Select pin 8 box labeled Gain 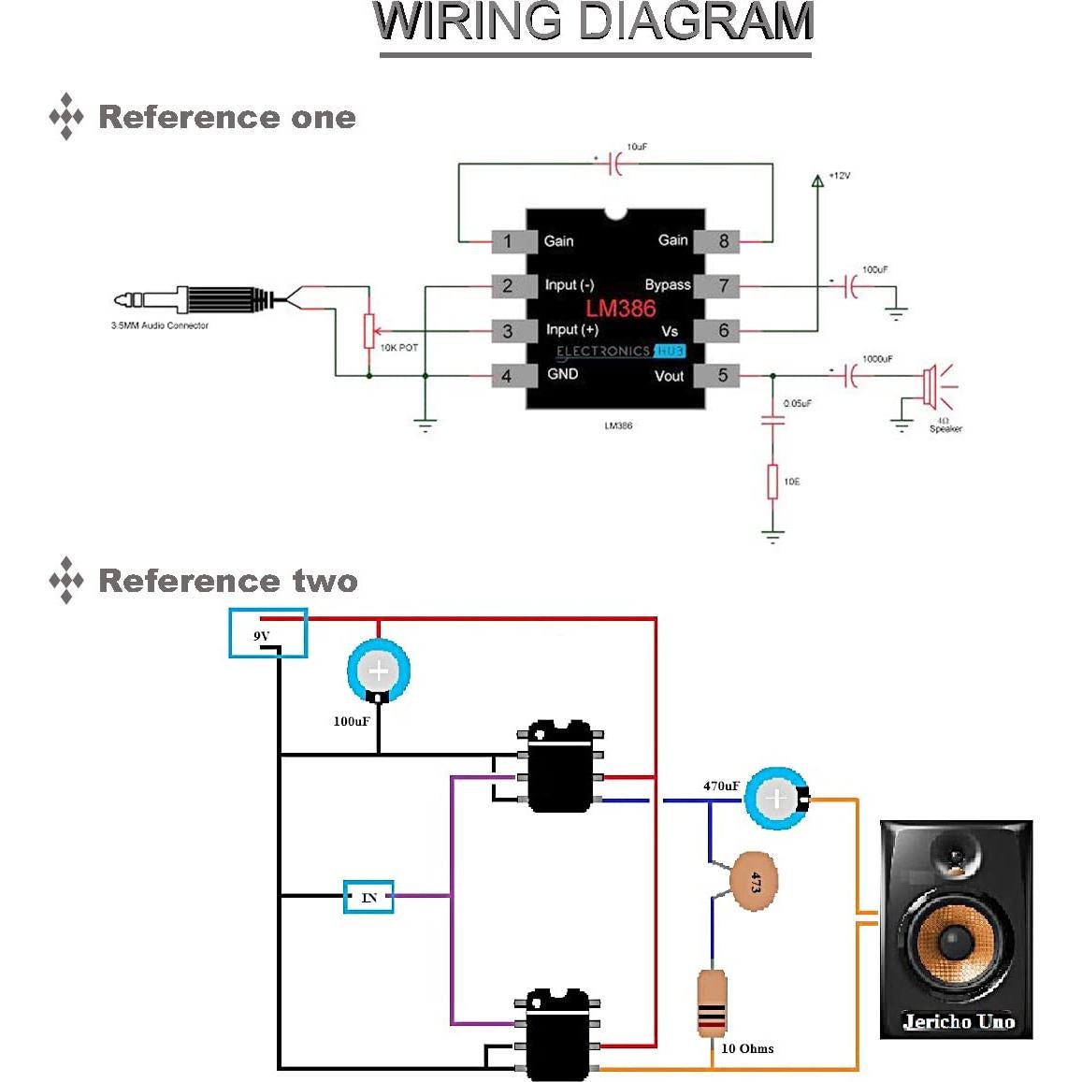coord(722,241)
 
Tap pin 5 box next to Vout coord(722,376)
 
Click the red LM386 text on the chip coord(620,309)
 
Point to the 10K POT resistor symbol coord(369,330)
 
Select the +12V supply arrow coord(817,180)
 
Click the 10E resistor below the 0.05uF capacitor coord(772,482)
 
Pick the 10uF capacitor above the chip coord(614,165)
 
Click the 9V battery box coord(268,633)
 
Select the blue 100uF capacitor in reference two coord(379,671)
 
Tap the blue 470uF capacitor coord(776,799)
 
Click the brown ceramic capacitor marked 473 coord(752,881)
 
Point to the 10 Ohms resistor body coord(712,1003)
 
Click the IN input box coord(368,897)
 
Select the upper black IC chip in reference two coord(559,766)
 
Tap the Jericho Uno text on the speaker coord(958,1021)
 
